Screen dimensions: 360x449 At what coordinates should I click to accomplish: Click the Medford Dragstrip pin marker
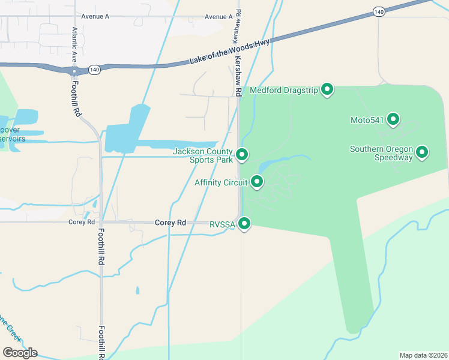click(327, 89)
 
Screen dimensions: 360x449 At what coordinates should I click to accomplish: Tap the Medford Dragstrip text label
click(284, 91)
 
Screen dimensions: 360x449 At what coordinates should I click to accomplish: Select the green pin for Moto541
click(393, 119)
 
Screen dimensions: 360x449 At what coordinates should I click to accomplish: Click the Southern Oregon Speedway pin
click(422, 152)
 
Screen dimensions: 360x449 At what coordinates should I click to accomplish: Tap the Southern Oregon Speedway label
click(382, 154)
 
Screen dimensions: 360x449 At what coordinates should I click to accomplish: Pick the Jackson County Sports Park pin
click(242, 155)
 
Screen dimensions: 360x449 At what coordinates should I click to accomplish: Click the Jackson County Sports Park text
click(202, 155)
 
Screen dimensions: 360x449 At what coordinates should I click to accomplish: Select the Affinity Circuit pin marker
click(257, 181)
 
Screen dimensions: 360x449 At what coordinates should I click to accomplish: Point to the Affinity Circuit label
click(221, 182)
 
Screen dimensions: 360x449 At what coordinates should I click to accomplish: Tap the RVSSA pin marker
click(244, 224)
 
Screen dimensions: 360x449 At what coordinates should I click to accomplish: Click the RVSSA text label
click(222, 224)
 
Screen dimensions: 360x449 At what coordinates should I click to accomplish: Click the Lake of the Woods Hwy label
click(230, 52)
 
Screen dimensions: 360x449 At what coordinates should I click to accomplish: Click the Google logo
click(20, 352)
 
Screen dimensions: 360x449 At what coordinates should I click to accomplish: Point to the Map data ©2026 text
click(423, 355)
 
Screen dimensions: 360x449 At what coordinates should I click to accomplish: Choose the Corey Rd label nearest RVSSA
click(170, 223)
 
